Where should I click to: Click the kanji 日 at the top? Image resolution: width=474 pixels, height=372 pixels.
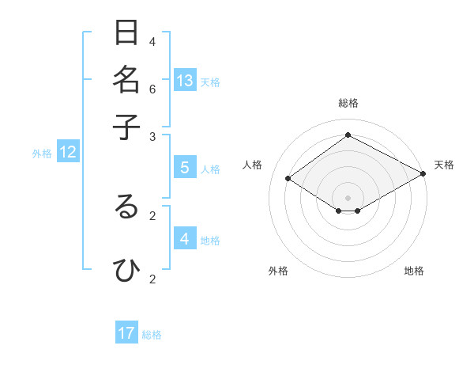127,33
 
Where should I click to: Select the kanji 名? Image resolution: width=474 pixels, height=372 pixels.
127,79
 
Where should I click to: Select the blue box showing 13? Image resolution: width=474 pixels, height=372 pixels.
185,81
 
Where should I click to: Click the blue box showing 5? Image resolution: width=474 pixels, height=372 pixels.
185,168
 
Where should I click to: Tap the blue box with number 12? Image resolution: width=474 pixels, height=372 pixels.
68,153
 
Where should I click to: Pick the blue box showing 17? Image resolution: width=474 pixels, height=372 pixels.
126,334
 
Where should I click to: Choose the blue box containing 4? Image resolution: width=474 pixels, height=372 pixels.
185,239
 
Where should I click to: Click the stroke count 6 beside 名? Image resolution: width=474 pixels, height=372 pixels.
152,89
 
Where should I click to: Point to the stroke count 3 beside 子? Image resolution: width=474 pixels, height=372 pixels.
152,136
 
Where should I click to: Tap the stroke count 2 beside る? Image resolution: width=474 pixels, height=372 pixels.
152,214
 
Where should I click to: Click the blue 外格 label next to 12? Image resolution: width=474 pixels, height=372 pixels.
42,154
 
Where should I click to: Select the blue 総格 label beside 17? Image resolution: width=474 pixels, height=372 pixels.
152,335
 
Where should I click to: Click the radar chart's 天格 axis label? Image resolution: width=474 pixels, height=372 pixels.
444,165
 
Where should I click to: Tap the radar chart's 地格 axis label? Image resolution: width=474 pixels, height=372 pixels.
414,271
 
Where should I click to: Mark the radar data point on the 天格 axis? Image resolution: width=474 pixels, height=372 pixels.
423,174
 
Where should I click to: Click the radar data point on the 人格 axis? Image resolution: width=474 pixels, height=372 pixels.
288,179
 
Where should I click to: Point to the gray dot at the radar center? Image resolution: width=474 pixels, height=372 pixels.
348,197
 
